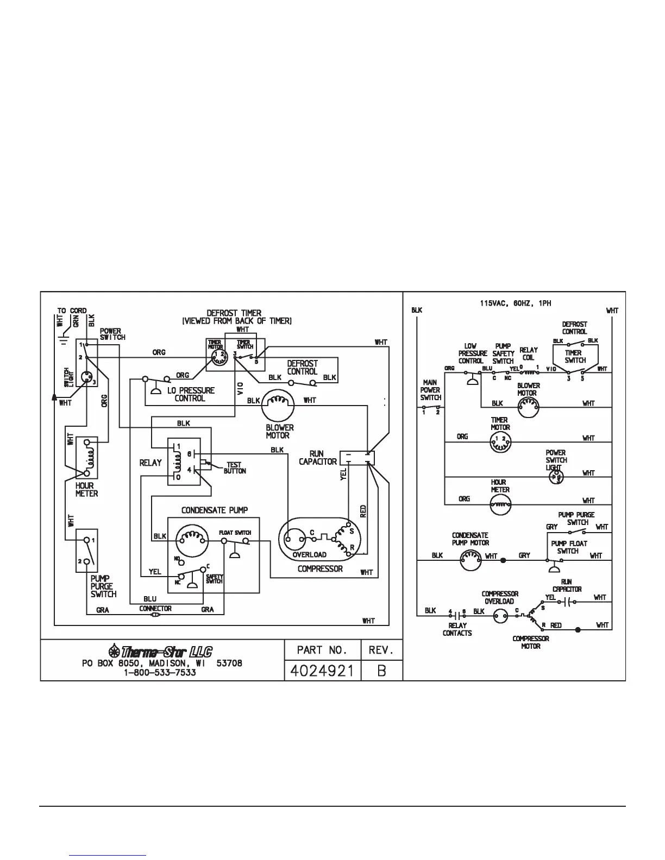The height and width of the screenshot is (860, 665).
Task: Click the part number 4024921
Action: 323,671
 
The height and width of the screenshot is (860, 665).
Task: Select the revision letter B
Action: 381,671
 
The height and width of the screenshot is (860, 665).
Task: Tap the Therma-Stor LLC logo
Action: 160,652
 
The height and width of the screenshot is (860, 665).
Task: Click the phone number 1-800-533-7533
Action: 160,673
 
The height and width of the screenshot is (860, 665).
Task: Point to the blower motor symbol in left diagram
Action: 278,406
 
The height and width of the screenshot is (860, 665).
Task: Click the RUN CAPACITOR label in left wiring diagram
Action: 317,458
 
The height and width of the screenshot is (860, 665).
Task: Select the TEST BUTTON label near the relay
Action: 234,468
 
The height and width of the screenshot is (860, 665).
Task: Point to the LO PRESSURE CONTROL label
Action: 190,394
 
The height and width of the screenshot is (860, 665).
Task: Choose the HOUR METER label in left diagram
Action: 86,490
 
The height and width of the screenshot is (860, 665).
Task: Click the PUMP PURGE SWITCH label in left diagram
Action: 103,586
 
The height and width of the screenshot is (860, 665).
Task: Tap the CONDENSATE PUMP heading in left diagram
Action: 215,510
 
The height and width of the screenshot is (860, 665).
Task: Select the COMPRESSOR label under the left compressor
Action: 320,568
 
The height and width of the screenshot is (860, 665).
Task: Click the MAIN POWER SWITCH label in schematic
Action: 430,390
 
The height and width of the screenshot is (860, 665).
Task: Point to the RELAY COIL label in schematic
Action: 529,354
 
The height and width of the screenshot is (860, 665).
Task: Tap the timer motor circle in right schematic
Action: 499,443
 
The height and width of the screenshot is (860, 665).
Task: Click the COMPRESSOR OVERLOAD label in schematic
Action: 500,597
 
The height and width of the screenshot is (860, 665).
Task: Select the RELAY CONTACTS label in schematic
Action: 457,629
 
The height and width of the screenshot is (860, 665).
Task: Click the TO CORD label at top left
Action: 72,311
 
